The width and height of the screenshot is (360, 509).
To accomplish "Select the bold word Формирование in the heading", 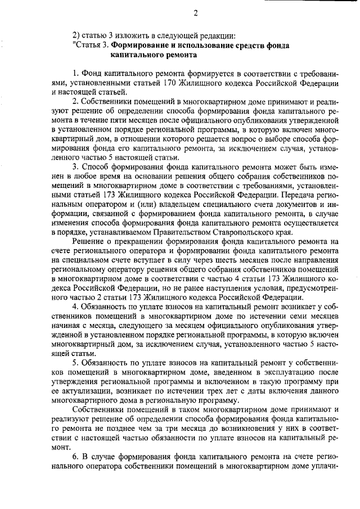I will pos(137,46).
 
